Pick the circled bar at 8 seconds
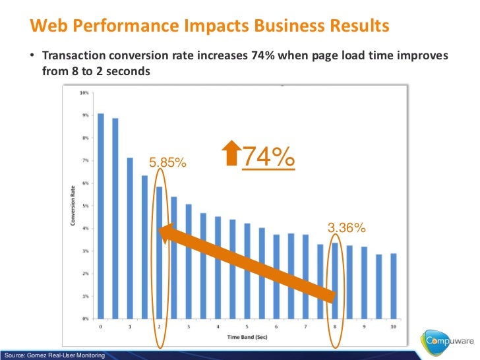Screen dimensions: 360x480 pyautogui.click(x=334, y=280)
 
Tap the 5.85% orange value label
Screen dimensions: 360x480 pyautogui.click(x=167, y=162)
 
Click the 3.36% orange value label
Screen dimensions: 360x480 pyautogui.click(x=347, y=228)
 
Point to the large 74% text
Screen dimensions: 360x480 pyautogui.click(x=268, y=158)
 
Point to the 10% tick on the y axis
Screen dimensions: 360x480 pyautogui.click(x=84, y=93)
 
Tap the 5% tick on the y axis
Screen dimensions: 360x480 pyautogui.click(x=84, y=206)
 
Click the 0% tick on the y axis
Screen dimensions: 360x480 pyautogui.click(x=84, y=318)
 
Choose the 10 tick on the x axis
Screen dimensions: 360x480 pyautogui.click(x=393, y=327)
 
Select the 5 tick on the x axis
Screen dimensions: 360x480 pyautogui.click(x=247, y=327)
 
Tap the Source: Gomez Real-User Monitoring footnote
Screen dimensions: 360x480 pyautogui.click(x=54, y=356)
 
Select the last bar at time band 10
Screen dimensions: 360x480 pyautogui.click(x=393, y=286)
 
